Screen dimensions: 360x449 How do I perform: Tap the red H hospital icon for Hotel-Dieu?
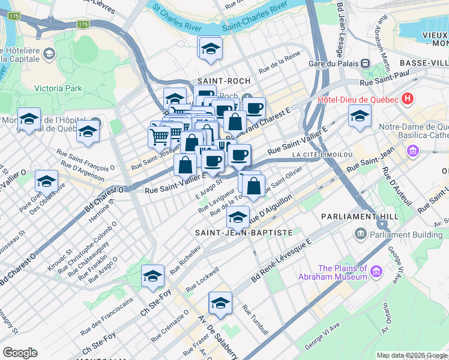click(x=408, y=98)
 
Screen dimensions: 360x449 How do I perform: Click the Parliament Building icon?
click(x=360, y=233)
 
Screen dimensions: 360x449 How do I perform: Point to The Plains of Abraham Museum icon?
click(x=376, y=272)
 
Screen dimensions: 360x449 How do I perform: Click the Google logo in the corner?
click(x=20, y=353)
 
